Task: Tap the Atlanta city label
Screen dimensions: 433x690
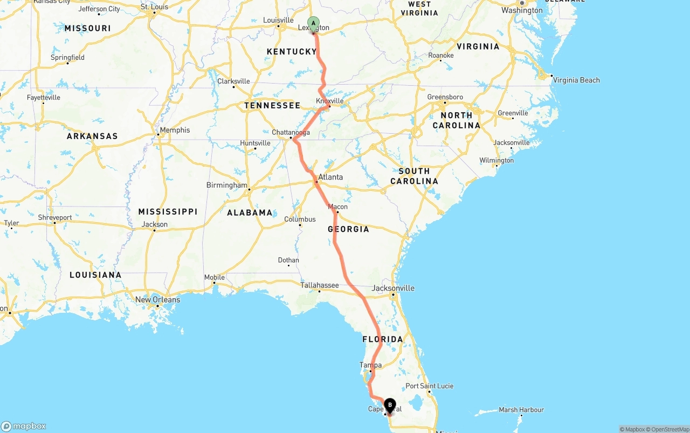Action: [330, 177]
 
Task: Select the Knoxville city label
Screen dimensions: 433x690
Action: [330, 101]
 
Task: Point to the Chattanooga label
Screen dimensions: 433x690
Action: [291, 132]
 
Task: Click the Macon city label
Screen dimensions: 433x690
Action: [338, 207]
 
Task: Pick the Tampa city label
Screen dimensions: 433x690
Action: [370, 365]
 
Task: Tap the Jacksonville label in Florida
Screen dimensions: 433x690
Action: [394, 288]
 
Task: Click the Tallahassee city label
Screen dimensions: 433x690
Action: [320, 285]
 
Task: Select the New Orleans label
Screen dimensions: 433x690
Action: [157, 300]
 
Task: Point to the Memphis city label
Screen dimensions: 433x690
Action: [175, 130]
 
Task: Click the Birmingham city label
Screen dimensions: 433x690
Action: [226, 185]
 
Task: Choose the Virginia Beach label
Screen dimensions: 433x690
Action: [576, 80]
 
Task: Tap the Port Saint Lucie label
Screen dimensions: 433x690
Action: [430, 386]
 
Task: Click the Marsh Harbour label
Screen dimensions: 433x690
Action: [521, 410]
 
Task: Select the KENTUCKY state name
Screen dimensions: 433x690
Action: [292, 52]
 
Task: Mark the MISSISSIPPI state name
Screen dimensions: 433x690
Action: [168, 211]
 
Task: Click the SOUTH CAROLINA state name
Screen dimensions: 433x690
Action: [414, 176]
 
